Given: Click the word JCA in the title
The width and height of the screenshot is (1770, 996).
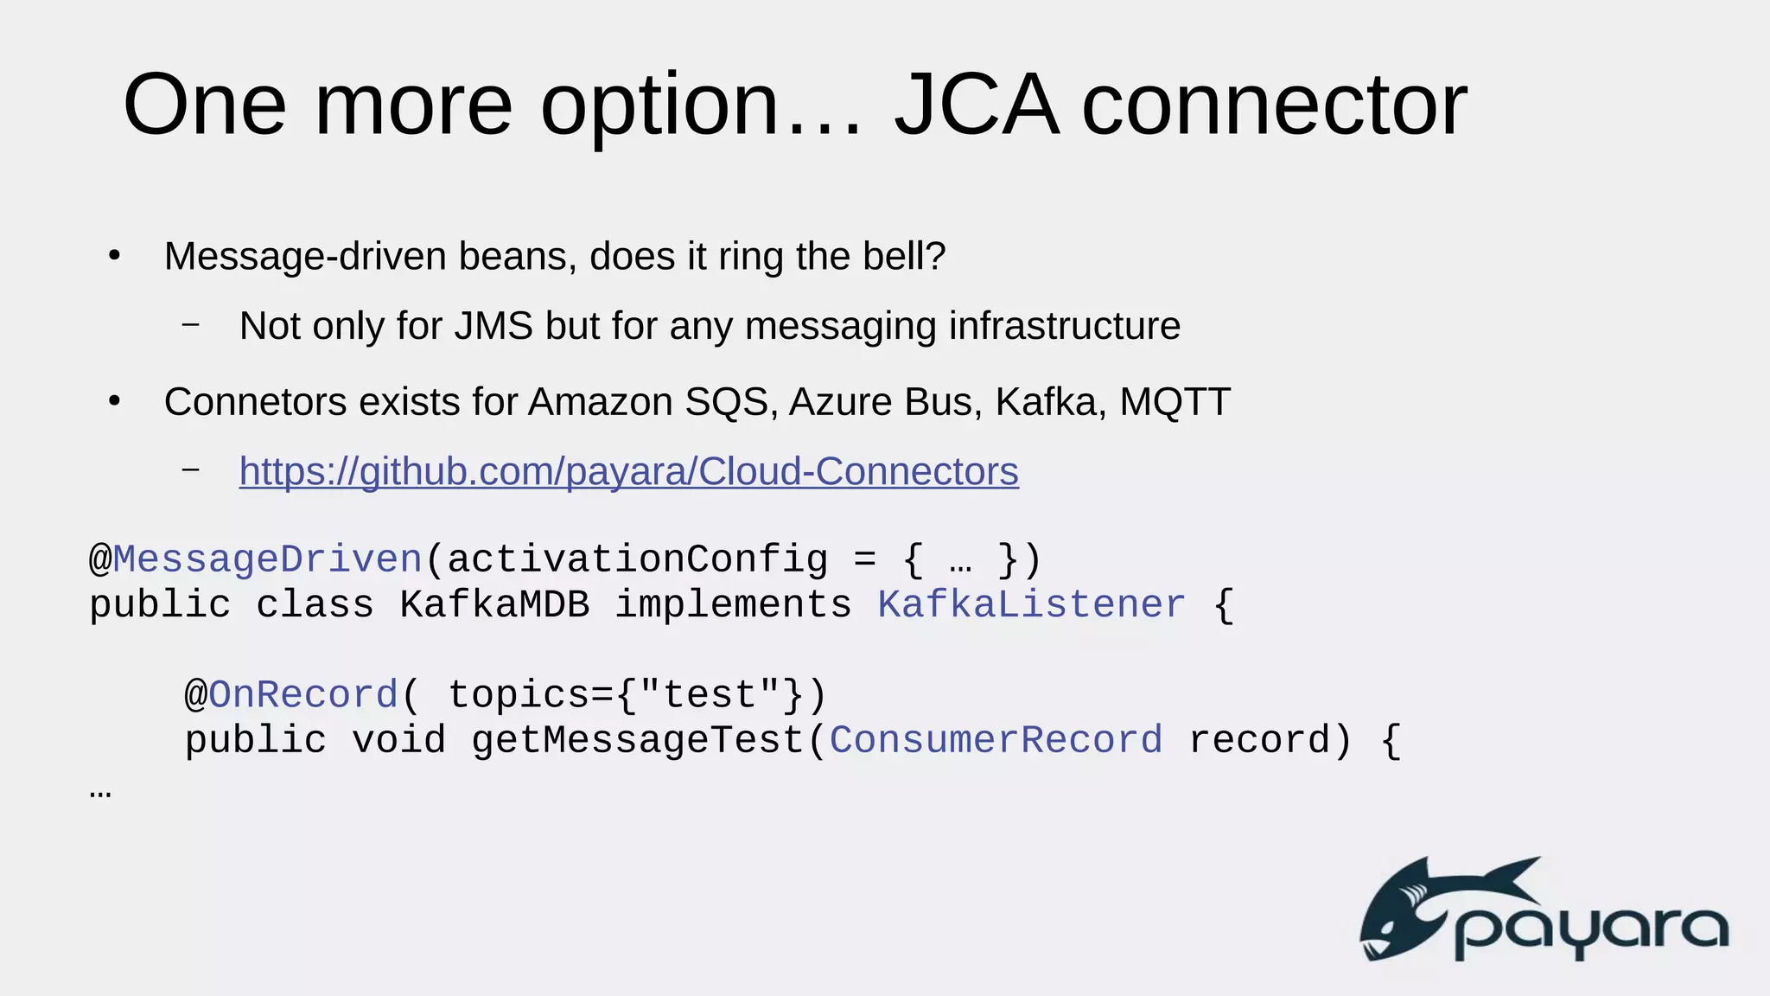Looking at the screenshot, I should (x=976, y=105).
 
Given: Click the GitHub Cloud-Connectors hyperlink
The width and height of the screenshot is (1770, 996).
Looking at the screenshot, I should (x=628, y=472).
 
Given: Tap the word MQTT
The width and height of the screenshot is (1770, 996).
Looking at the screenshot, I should (x=1175, y=402).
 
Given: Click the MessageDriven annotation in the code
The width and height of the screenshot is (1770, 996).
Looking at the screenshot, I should (x=267, y=559).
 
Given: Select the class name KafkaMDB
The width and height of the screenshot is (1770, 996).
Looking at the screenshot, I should (x=494, y=604).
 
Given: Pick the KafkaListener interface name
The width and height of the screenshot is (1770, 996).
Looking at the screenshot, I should (x=1031, y=604).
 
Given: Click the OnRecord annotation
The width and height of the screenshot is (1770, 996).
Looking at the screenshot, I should (x=302, y=695).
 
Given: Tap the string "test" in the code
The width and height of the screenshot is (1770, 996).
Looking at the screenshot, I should (x=710, y=695).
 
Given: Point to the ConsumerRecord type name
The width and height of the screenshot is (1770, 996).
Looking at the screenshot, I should (x=996, y=740).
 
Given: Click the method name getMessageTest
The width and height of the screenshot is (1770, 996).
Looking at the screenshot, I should (x=638, y=740).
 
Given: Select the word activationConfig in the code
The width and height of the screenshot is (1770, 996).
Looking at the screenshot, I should (x=637, y=559).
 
